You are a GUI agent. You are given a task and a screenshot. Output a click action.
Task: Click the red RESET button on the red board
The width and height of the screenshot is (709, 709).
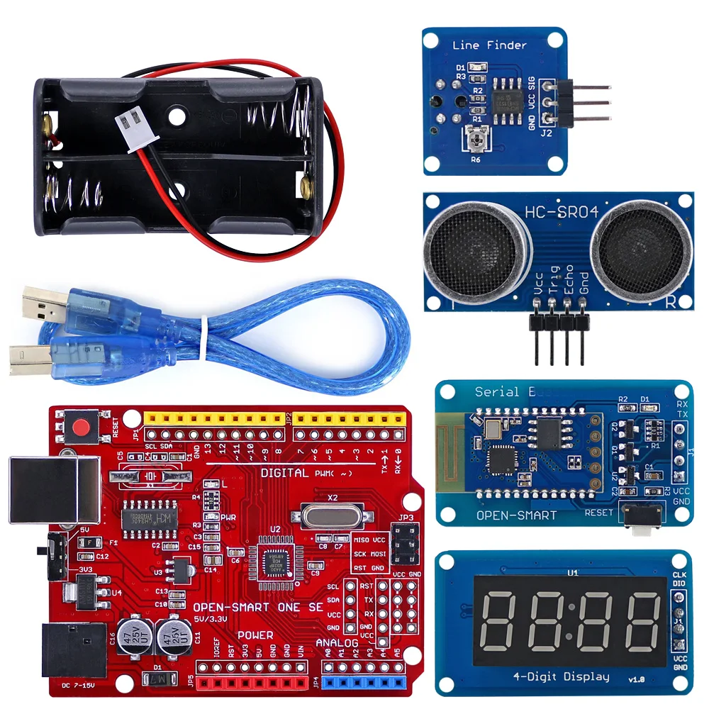click(83, 428)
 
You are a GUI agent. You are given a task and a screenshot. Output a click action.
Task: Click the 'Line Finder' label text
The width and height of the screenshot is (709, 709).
click(489, 45)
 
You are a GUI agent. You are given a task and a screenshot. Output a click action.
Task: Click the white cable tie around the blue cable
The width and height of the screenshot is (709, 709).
click(202, 338)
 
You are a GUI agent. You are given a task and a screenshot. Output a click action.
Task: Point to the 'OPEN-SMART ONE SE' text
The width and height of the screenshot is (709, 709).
click(258, 608)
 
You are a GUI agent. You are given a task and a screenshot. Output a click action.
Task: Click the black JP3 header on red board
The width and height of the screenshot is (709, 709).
click(405, 546)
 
